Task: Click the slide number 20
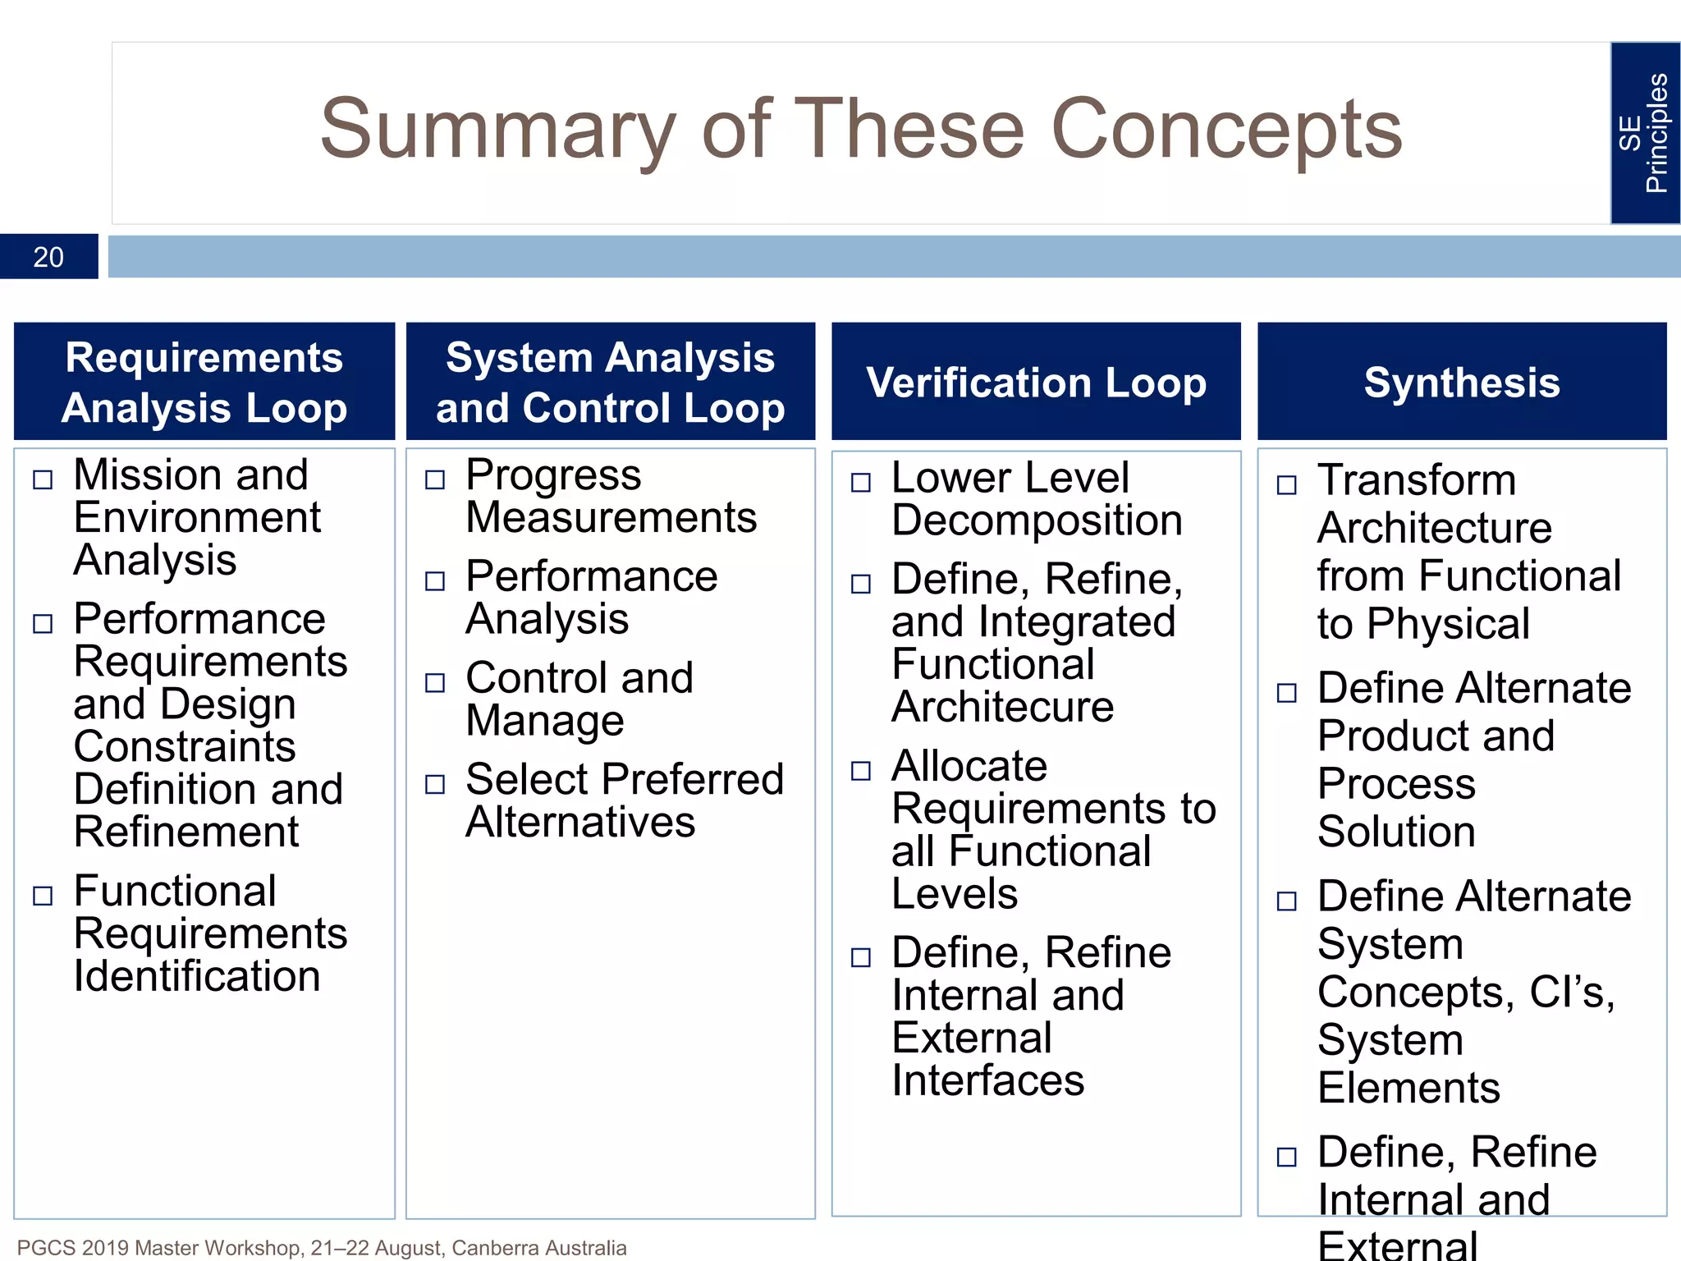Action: [48, 257]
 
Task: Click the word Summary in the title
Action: [497, 130]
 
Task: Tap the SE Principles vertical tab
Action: [1644, 133]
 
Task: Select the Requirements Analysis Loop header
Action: [204, 382]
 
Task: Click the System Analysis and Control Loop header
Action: [610, 382]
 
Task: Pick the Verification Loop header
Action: [1036, 382]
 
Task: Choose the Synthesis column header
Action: [1461, 382]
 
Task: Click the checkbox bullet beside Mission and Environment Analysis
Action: [43, 479]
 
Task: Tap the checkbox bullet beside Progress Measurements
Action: [435, 479]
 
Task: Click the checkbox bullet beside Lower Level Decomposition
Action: [861, 482]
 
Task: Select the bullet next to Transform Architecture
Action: [1287, 485]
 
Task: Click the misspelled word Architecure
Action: [1002, 707]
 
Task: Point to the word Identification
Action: [197, 976]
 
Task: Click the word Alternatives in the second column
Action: [580, 822]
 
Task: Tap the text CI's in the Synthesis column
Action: [1572, 992]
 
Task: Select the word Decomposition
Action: [1037, 520]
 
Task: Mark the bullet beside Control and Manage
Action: [435, 682]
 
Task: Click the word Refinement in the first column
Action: [186, 832]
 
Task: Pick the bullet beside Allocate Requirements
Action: [861, 770]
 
